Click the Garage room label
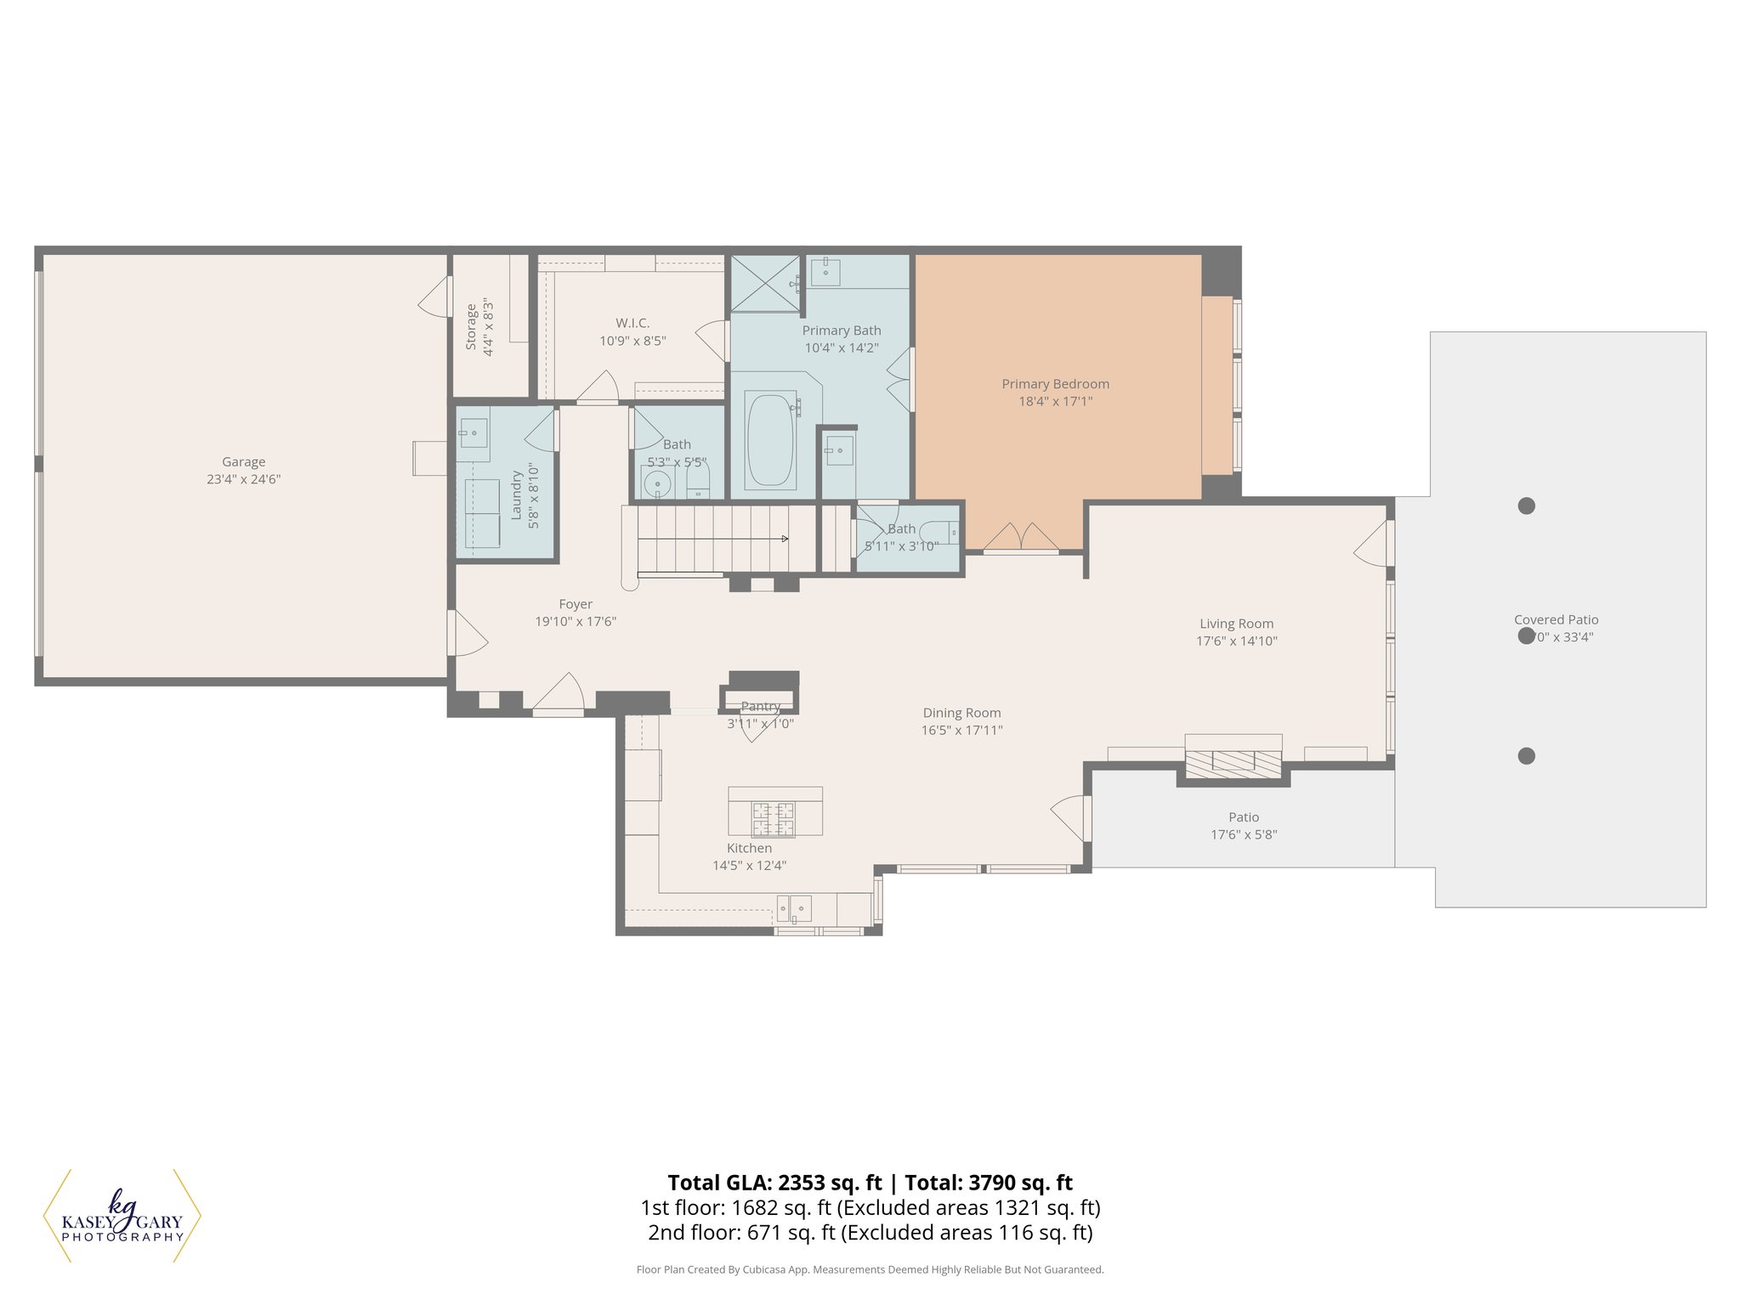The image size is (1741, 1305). [243, 462]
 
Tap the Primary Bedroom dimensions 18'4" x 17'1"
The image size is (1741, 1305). [1055, 401]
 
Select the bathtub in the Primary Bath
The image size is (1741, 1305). [769, 440]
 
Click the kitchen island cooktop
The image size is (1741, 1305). [773, 819]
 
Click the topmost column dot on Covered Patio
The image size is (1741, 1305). [1526, 506]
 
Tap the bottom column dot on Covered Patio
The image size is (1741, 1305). [1526, 755]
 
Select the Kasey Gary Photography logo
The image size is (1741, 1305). [122, 1217]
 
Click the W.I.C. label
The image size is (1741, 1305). [632, 323]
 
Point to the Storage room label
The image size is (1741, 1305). [471, 327]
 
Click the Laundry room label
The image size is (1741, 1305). [516, 495]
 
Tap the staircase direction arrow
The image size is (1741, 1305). [784, 539]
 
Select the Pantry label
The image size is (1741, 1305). [760, 706]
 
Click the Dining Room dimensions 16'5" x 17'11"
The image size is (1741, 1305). [961, 730]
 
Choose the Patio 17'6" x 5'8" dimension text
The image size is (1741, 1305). [1243, 835]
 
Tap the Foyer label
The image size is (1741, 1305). [575, 604]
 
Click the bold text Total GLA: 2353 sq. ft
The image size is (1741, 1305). [774, 1183]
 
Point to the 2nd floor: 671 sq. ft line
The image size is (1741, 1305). [870, 1232]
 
